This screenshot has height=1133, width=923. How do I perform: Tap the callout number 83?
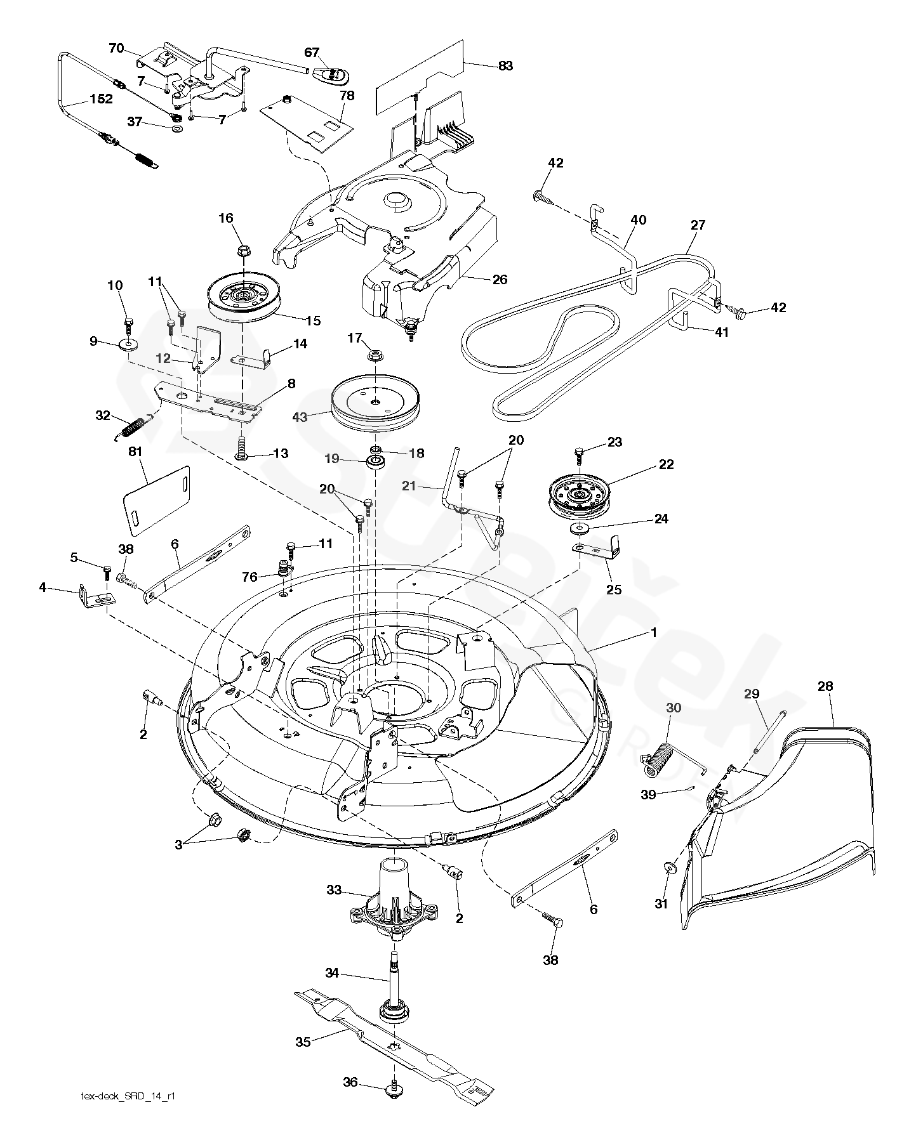click(x=505, y=66)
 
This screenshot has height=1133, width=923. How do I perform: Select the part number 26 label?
click(x=500, y=279)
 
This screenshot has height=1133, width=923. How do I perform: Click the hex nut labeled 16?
click(x=242, y=251)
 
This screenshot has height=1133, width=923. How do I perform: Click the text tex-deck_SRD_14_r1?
click(x=127, y=1115)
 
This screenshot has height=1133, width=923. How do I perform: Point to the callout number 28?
click(x=825, y=686)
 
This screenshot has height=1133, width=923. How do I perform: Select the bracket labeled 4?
click(x=98, y=596)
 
